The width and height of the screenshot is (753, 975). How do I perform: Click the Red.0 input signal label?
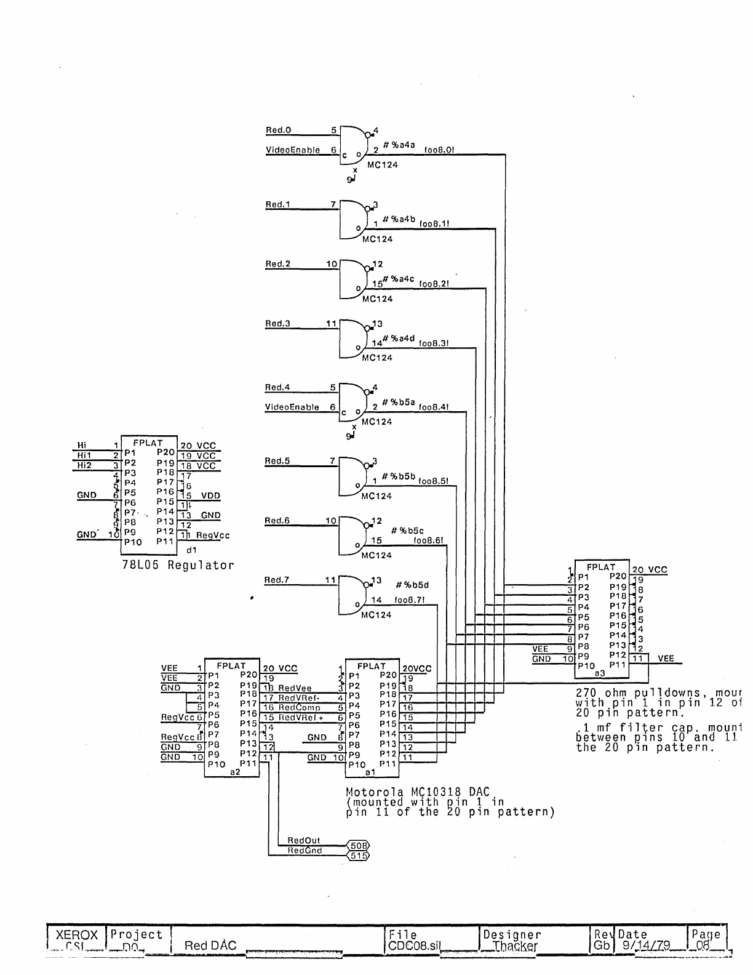pyautogui.click(x=278, y=130)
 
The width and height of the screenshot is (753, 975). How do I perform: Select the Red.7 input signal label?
pyautogui.click(x=276, y=580)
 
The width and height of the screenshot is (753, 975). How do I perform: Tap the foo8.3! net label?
pyautogui.click(x=434, y=343)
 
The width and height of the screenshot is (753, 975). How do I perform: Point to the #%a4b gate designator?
pyautogui.click(x=399, y=219)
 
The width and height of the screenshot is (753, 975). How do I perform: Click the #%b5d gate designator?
pyautogui.click(x=412, y=585)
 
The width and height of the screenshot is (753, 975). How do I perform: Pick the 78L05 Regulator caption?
pyautogui.click(x=178, y=565)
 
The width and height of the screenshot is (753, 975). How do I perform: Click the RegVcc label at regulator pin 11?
pyautogui.click(x=213, y=536)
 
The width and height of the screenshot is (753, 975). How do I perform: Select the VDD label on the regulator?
pyautogui.click(x=210, y=496)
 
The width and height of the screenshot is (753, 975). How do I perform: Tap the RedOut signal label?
pyautogui.click(x=304, y=840)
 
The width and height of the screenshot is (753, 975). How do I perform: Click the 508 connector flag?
pyautogui.click(x=358, y=846)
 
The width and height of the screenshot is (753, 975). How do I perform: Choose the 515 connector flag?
pyautogui.click(x=358, y=856)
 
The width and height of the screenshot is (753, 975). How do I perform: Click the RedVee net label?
pyautogui.click(x=295, y=688)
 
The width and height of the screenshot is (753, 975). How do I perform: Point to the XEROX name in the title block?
pyautogui.click(x=77, y=935)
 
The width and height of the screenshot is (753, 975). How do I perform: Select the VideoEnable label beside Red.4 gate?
pyautogui.click(x=292, y=407)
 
